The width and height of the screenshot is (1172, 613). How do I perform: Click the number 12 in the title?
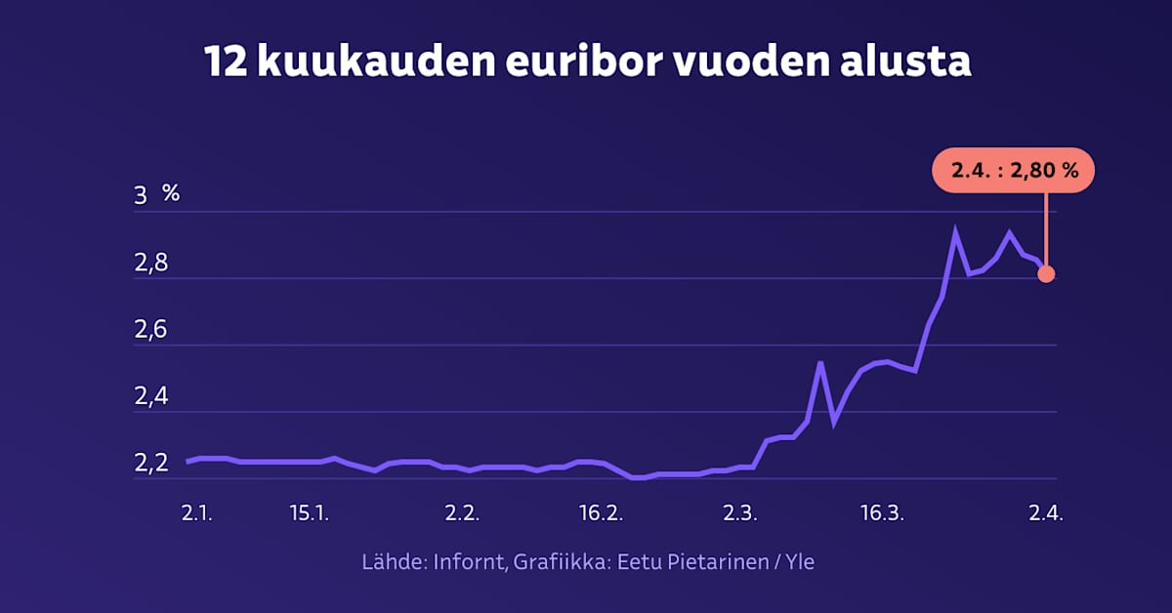225,61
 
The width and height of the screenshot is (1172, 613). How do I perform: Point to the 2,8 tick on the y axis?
150,264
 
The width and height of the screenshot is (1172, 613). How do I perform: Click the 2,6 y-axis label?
150,330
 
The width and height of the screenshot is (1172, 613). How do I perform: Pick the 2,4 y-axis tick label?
150,396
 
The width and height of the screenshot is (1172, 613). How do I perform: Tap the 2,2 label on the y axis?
150,463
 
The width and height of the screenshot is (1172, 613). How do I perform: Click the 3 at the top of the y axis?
141,195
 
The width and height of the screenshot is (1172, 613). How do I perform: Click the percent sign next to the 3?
171,193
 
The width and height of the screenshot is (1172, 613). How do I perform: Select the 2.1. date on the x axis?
197,514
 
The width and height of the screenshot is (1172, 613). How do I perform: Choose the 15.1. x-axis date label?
310,514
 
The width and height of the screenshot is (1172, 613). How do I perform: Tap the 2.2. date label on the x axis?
460,514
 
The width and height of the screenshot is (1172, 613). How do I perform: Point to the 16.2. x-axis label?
601,514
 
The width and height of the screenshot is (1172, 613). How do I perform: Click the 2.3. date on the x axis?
740,514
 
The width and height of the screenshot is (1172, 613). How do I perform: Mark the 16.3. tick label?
880,514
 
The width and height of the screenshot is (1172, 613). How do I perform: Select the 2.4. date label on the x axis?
1045,514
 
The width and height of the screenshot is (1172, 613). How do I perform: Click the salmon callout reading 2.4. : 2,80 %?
1014,171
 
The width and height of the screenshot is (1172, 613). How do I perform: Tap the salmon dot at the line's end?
1046,274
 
